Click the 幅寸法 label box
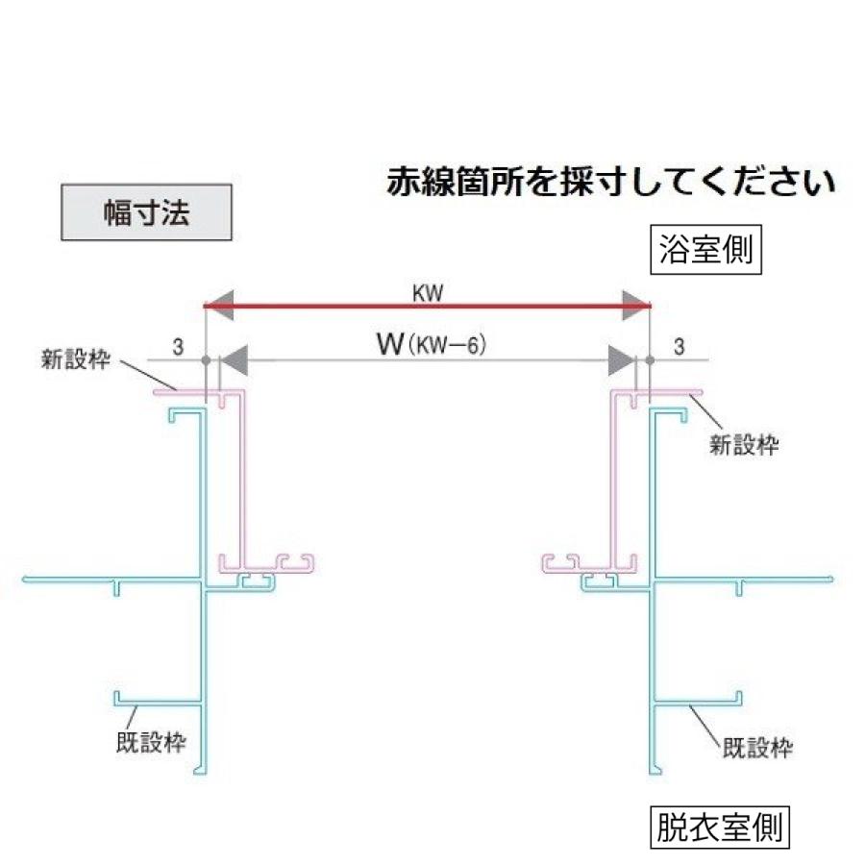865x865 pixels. click(x=146, y=212)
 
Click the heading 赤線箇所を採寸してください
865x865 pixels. click(x=610, y=182)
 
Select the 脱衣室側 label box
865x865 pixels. click(x=720, y=826)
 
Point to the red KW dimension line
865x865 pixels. click(x=429, y=307)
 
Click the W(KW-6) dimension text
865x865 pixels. click(x=430, y=344)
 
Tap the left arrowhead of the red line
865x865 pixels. click(x=222, y=307)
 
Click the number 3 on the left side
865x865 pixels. click(x=178, y=346)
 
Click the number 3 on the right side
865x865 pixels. click(x=680, y=346)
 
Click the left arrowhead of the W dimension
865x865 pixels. click(x=235, y=359)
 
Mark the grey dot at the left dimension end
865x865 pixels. click(x=207, y=360)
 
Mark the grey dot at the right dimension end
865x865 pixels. click(x=651, y=360)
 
